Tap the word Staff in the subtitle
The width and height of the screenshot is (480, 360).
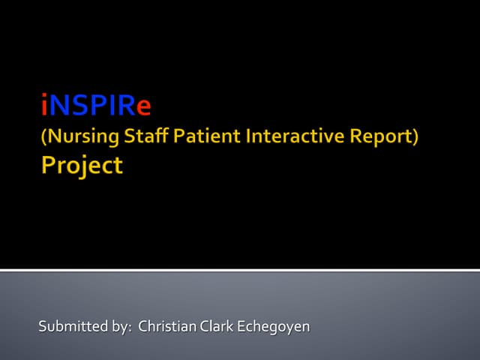pos(148,137)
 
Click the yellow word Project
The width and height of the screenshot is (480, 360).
pos(81,166)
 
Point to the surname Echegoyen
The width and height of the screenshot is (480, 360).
pos(272,328)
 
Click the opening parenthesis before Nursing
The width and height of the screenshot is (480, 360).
pos(43,138)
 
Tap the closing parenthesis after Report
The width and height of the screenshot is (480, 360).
pos(415,138)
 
